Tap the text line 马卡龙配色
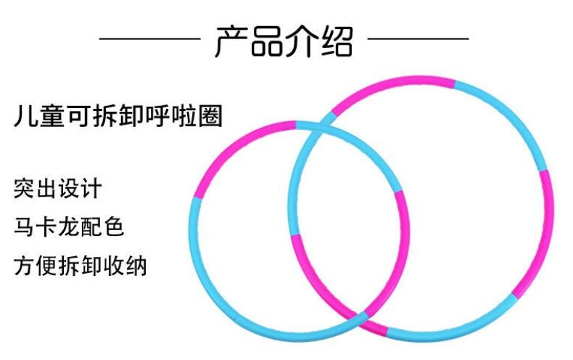pyautogui.click(x=69, y=226)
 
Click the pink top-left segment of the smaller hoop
pyautogui.click(x=232, y=149)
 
